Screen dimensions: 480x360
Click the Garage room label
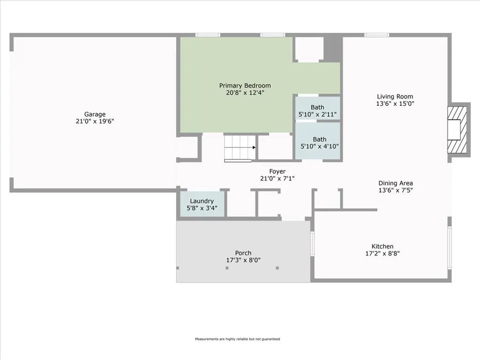pos(95,114)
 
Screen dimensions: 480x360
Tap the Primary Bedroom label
pos(245,86)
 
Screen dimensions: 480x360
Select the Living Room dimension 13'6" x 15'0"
pos(395,104)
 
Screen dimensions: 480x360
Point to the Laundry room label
pos(202,201)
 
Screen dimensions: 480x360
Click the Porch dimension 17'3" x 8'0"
pos(243,260)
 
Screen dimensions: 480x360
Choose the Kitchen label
pos(382,246)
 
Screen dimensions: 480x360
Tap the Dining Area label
pos(396,183)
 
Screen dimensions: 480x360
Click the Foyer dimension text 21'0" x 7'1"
pos(277,178)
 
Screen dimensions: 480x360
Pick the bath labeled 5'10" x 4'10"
pos(318,140)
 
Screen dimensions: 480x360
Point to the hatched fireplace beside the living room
pos(457,129)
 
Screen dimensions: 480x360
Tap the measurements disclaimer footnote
pos(238,339)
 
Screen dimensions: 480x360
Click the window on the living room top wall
pos(376,35)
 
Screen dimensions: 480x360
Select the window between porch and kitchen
pos(312,243)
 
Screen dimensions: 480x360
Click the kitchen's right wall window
pos(450,248)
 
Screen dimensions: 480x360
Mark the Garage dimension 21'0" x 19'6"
pos(95,121)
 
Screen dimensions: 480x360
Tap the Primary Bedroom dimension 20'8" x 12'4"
pos(245,92)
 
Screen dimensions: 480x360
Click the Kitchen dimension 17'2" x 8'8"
pos(382,253)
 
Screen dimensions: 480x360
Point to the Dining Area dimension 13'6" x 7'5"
pos(396,190)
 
